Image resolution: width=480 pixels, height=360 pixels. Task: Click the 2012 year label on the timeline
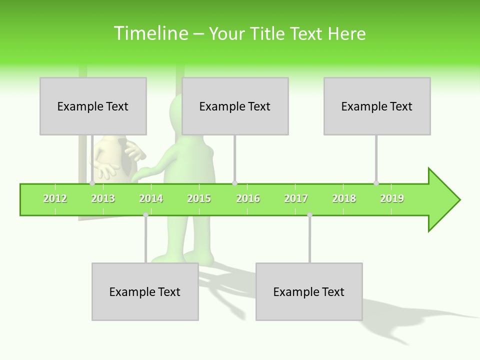coord(55,198)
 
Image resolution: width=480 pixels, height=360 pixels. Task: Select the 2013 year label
coord(103,198)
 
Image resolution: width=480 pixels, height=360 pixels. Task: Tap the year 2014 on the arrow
coord(151,198)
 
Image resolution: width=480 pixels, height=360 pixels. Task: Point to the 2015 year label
coord(199,198)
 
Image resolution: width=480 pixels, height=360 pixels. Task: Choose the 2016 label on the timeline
coord(248,198)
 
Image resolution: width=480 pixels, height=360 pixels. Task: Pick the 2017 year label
coord(296,198)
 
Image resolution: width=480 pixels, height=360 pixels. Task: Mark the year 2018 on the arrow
coord(344,198)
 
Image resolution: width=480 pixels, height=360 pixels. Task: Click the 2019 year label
coord(392,198)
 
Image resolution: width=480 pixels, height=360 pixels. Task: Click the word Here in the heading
coord(346,33)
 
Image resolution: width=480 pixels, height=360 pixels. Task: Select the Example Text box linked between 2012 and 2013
coord(93,106)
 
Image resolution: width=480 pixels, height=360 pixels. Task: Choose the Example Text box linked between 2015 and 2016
coord(235,106)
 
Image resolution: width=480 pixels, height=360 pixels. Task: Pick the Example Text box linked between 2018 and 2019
coord(377,106)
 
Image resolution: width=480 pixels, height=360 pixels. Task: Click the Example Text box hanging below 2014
coord(145,291)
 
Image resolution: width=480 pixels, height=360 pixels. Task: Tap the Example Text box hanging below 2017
coord(309,291)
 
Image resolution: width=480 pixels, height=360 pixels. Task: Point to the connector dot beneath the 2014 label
coord(145,214)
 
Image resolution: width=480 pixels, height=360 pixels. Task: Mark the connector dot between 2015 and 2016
coord(234,183)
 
